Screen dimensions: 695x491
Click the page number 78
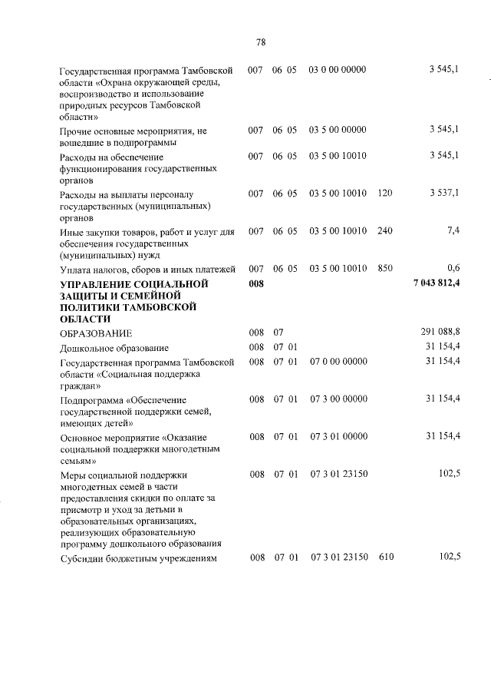pos(260,43)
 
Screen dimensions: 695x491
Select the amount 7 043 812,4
pos(436,284)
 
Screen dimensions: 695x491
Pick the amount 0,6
pos(453,268)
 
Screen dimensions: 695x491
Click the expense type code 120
pos(385,194)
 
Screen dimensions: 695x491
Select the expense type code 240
pos(385,230)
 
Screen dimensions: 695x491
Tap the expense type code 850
pos(385,268)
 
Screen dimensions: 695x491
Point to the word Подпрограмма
pos(91,399)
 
